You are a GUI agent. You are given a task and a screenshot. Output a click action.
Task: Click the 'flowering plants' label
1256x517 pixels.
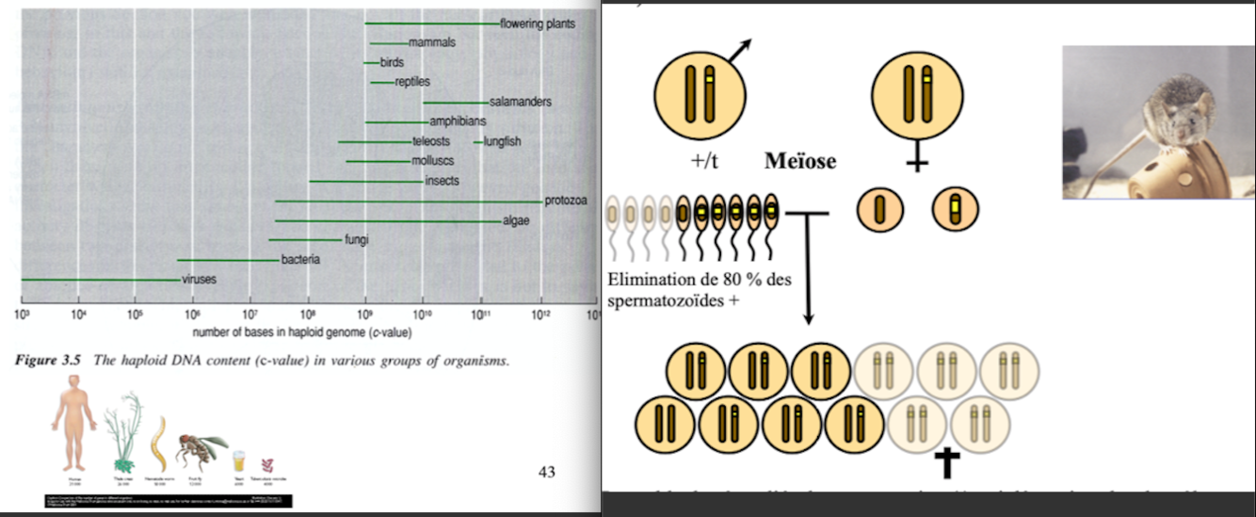click(x=537, y=24)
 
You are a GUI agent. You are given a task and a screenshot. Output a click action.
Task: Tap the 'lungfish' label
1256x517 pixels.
click(x=502, y=142)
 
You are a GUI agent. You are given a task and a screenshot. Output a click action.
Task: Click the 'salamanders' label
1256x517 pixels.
click(x=520, y=102)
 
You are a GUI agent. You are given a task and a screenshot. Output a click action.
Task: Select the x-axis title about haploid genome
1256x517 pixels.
click(x=302, y=332)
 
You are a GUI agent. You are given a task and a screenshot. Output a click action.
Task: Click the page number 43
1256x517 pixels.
click(x=546, y=472)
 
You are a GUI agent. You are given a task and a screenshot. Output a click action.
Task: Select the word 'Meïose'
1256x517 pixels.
click(x=799, y=161)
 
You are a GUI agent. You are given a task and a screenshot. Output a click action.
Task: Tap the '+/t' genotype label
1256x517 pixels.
click(x=705, y=161)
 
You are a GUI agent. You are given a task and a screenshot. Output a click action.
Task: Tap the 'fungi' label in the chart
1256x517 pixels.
click(x=356, y=240)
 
